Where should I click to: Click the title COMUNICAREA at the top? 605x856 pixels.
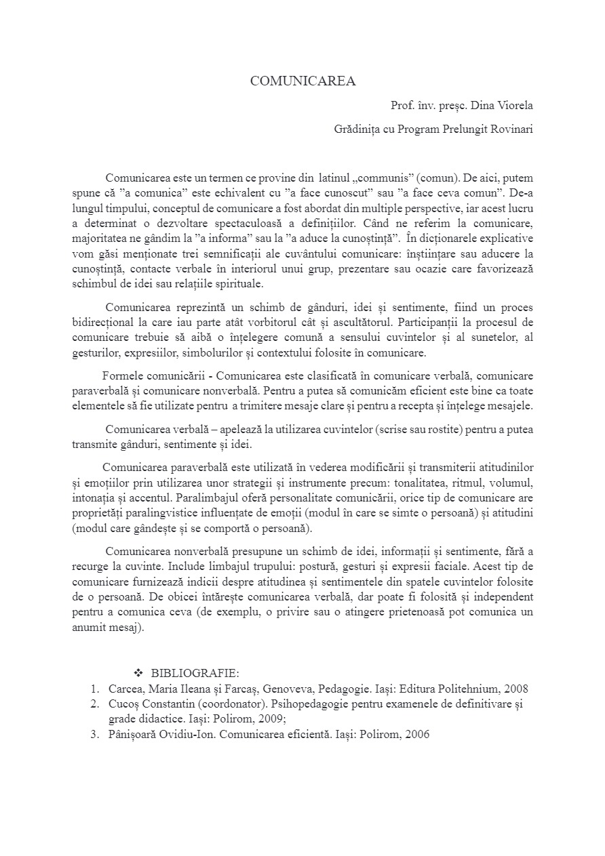(302, 81)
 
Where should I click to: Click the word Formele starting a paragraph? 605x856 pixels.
(124, 375)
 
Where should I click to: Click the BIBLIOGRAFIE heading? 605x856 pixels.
(195, 672)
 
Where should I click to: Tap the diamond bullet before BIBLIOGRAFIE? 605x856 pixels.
(138, 672)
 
